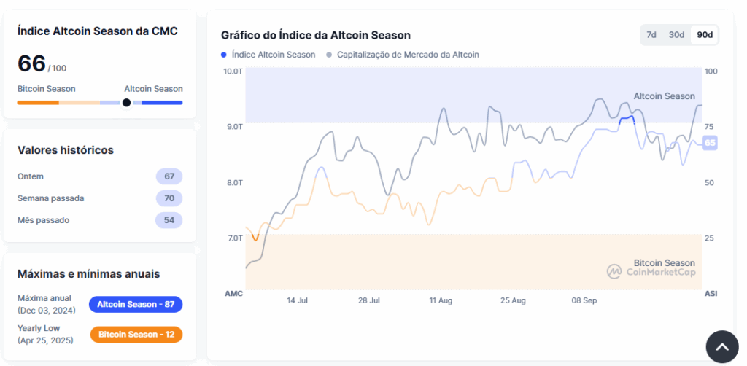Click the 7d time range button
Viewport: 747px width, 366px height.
[x=651, y=35]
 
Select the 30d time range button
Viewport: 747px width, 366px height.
[x=676, y=35]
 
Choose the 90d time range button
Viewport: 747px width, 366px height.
[x=704, y=35]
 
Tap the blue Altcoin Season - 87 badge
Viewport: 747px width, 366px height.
[x=136, y=304]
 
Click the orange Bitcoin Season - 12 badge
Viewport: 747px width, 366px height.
[x=136, y=334]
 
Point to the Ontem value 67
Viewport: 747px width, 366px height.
[x=169, y=176]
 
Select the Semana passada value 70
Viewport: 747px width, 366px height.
[x=169, y=198]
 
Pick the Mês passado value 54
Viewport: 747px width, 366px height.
[x=169, y=220]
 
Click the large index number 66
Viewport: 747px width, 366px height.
[x=31, y=63]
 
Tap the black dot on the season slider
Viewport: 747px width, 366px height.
[x=126, y=103]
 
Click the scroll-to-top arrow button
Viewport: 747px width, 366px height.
[x=722, y=346]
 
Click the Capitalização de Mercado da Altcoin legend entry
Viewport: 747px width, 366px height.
[x=403, y=55]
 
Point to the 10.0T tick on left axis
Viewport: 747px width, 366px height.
[x=233, y=71]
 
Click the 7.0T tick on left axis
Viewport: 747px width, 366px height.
[x=233, y=238]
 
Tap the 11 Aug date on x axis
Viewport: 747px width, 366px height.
[x=441, y=300]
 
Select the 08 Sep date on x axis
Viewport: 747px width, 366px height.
[x=584, y=300]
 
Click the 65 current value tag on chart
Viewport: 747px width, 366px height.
[x=709, y=143]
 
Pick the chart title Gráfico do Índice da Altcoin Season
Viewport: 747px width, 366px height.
[x=315, y=35]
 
